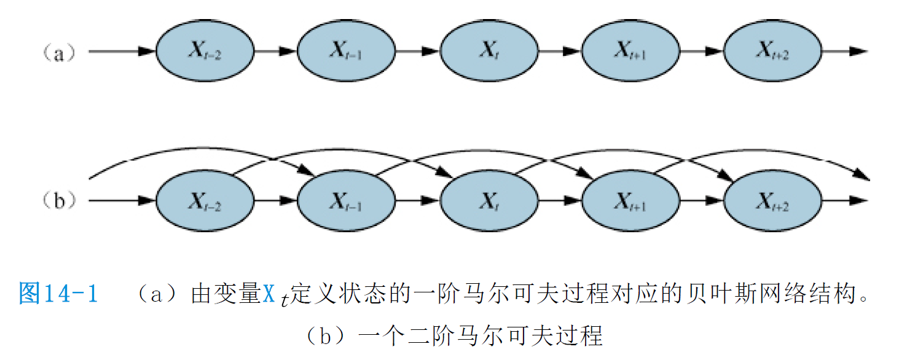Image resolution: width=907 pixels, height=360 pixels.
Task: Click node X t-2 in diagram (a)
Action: point(205,51)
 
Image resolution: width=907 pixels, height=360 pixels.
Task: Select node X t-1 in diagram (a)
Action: point(347,51)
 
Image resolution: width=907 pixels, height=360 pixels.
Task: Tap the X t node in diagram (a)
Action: point(489,51)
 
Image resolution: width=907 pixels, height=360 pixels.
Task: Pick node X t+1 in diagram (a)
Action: point(631,51)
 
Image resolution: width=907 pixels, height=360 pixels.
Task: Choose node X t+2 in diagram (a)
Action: point(772,51)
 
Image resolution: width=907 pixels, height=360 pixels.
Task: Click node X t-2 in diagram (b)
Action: point(205,201)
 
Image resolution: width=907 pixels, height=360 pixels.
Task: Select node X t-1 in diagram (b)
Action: point(347,201)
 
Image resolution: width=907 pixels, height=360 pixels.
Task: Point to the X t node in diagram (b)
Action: point(489,201)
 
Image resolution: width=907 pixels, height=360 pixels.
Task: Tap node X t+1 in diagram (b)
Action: point(631,201)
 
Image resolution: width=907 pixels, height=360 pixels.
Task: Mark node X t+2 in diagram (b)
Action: point(772,201)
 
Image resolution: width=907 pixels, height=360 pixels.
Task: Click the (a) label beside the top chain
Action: point(59,53)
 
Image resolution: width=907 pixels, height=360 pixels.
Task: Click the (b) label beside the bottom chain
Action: point(59,200)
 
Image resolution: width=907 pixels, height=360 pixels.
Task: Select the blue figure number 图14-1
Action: point(58,293)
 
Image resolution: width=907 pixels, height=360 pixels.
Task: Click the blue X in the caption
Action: point(269,294)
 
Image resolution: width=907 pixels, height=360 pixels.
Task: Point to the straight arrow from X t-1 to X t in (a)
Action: point(418,52)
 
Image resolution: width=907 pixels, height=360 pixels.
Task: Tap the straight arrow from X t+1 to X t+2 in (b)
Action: point(702,200)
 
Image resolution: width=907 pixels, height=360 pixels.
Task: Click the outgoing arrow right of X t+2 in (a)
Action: point(845,52)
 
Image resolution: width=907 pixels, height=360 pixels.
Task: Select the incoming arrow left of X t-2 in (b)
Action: point(122,200)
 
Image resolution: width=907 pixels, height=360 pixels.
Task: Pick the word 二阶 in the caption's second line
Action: point(431,335)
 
